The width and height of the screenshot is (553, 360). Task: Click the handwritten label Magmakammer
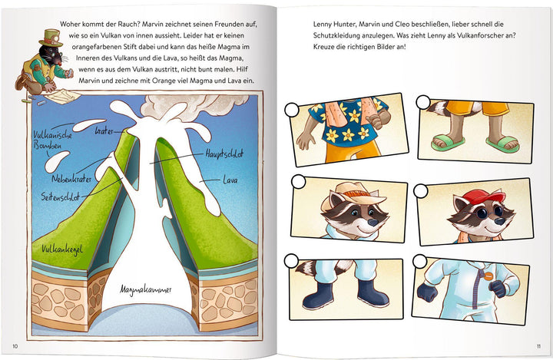(145, 290)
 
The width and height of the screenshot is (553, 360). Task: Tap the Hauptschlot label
(224, 154)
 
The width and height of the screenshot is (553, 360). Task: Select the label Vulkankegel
(62, 249)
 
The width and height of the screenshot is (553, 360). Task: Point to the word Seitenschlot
(60, 197)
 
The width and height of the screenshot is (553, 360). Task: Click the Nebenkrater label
(71, 179)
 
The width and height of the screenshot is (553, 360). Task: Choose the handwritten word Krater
(104, 131)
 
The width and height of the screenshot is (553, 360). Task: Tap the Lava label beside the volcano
(230, 180)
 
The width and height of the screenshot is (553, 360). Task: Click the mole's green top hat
(51, 38)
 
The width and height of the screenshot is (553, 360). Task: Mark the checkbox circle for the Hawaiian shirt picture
(291, 110)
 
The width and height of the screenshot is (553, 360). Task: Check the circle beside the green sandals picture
(423, 103)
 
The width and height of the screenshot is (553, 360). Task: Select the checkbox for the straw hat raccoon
(299, 182)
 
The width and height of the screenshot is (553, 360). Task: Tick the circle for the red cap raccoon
(420, 191)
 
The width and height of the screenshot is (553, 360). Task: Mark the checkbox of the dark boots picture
(291, 261)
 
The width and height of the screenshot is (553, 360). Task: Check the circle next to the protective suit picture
(419, 261)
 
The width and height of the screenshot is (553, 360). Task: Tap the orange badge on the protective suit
(488, 276)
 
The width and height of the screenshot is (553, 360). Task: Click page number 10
(15, 346)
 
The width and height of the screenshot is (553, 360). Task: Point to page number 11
(538, 346)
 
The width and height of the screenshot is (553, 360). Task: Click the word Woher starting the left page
(70, 25)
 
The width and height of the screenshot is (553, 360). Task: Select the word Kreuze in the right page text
(323, 47)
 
